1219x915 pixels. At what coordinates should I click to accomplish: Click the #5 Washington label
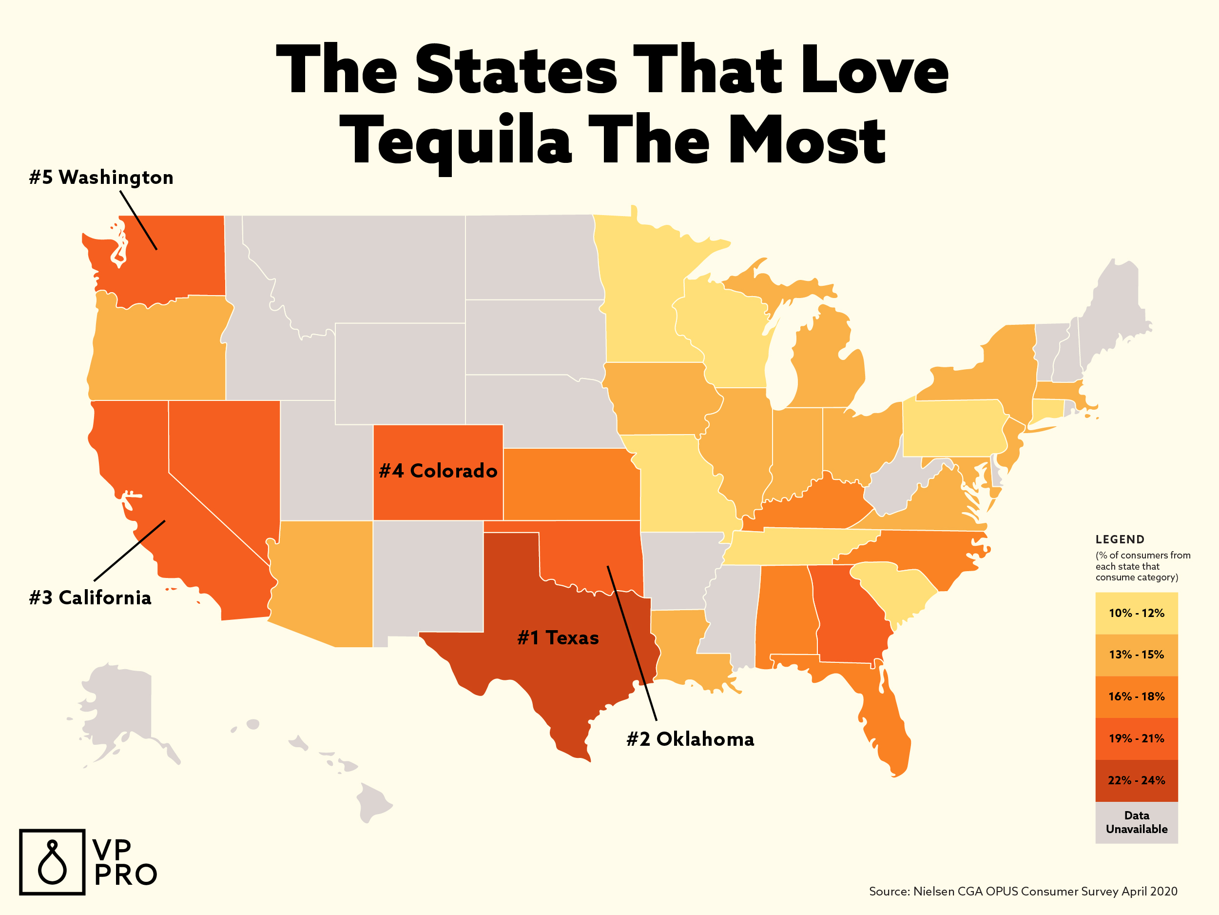pos(101,178)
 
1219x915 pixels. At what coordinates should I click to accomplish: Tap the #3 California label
pos(90,598)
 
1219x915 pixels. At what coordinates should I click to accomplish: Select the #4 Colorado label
pos(438,471)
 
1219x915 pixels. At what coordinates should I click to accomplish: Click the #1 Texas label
pos(558,638)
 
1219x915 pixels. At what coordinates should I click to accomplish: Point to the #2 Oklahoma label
pos(690,739)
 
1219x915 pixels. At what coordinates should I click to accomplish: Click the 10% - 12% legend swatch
pos(1136,613)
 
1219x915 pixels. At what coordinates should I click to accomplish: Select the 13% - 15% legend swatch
pos(1136,655)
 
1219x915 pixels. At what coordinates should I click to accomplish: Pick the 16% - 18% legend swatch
pos(1136,696)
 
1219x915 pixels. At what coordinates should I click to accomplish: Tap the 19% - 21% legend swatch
pos(1136,738)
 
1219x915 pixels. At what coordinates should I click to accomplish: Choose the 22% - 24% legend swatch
pos(1136,780)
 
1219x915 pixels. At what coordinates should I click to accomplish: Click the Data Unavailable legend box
pos(1136,822)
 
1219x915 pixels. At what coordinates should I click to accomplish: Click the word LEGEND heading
pos(1120,539)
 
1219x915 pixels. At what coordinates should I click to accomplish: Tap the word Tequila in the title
pos(456,140)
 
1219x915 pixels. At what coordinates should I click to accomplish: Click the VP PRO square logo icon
pos(52,862)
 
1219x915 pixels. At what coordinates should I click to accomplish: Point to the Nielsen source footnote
pos(1023,891)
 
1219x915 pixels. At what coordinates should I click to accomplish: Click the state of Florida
pos(882,717)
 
